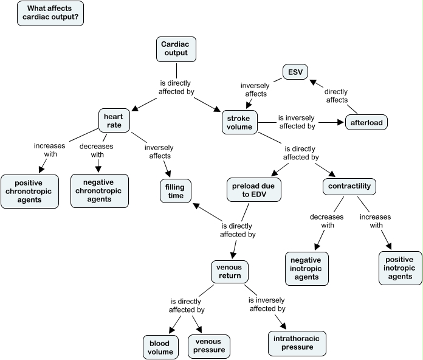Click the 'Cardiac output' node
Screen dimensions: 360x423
coord(176,49)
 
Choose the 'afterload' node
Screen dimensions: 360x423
coord(366,123)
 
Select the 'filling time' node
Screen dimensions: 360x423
coord(176,191)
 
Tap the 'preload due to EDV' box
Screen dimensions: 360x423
coord(254,189)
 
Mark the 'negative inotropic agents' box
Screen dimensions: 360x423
coord(306,268)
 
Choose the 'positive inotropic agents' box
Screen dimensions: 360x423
coord(399,268)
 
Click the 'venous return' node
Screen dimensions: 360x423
coord(230,271)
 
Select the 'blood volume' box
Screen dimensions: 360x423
coord(160,347)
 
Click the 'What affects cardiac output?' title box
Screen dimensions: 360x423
coord(51,13)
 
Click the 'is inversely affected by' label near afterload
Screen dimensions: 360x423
coord(297,122)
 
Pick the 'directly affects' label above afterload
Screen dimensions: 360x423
coord(335,96)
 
